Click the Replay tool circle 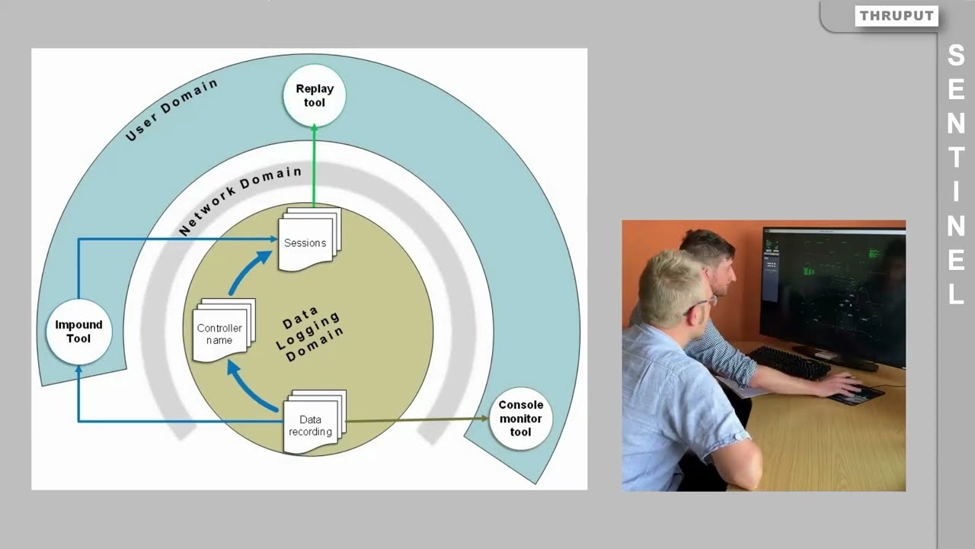pyautogui.click(x=314, y=96)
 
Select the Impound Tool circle pyautogui.click(x=78, y=332)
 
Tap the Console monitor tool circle pyautogui.click(x=520, y=418)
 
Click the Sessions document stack pyautogui.click(x=307, y=241)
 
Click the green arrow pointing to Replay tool pyautogui.click(x=314, y=164)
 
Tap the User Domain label pyautogui.click(x=171, y=110)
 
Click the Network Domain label pyautogui.click(x=241, y=200)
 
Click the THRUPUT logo pyautogui.click(x=896, y=16)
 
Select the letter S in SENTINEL pyautogui.click(x=956, y=55)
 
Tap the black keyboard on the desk pyautogui.click(x=788, y=363)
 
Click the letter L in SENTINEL pyautogui.click(x=956, y=294)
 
